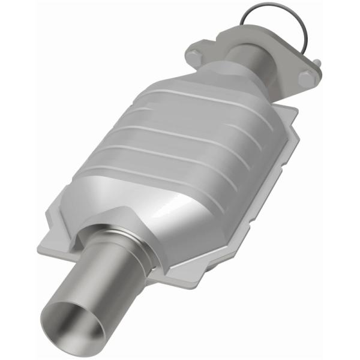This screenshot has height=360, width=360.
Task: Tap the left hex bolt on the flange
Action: [193, 57]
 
